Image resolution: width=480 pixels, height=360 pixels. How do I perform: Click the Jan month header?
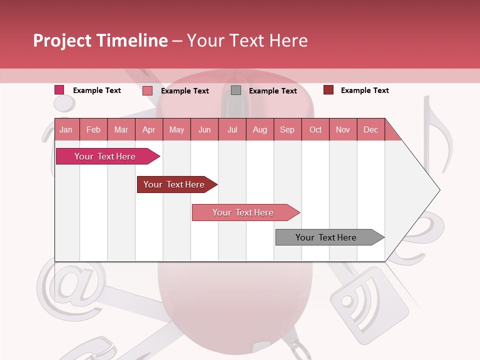66,129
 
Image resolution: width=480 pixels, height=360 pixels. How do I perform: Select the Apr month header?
148,129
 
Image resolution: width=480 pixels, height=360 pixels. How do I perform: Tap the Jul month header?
232,129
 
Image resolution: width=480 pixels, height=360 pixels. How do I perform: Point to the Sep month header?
287,129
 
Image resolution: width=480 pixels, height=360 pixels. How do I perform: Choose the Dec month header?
370,129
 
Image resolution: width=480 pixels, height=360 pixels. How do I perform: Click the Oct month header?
315,129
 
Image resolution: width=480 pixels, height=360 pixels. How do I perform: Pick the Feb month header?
93,129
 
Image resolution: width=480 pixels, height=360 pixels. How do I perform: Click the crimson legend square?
59,90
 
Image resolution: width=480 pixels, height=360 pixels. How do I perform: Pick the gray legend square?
236,90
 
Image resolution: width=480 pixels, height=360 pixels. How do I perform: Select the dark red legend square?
328,90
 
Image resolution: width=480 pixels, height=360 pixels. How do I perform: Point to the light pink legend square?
147,90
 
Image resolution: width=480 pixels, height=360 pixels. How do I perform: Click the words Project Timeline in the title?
100,40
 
